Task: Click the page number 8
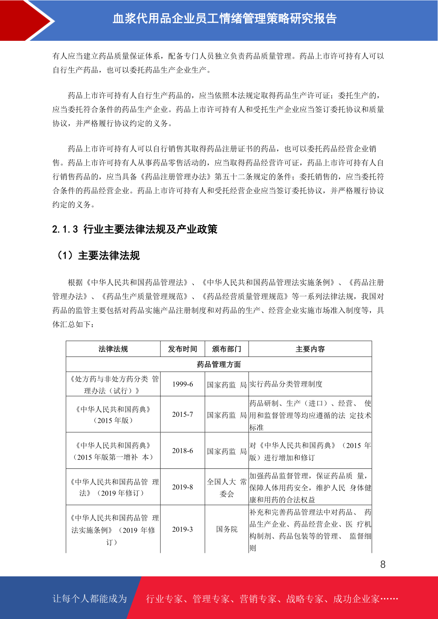point(383,565)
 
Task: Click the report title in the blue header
point(224,19)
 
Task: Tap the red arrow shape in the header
point(26,20)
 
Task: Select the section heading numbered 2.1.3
point(135,229)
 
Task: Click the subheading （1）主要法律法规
point(98,255)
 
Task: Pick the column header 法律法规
point(113,349)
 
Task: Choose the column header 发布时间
point(182,349)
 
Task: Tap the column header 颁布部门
point(227,349)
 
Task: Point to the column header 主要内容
point(310,349)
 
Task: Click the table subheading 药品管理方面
point(219,364)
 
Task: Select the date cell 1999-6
point(182,384)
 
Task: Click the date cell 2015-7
point(182,414)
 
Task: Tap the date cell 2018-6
point(182,451)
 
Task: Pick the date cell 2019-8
point(182,487)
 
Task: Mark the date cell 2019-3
point(182,529)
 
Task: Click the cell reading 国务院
point(227,529)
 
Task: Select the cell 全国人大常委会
point(227,488)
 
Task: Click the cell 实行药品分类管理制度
point(286,384)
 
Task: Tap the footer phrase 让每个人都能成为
point(90,599)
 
